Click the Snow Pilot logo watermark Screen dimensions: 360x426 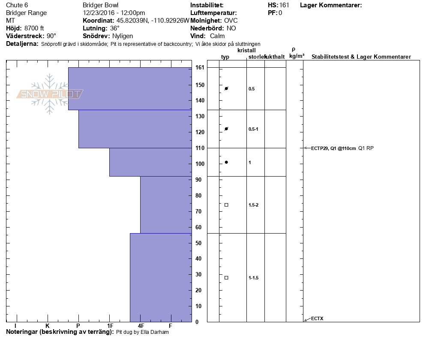tap(50, 94)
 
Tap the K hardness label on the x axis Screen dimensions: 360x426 tap(48, 326)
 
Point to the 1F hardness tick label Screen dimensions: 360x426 tap(110, 326)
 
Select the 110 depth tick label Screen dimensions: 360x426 tap(200, 148)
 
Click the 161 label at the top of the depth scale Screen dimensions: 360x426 tap(200, 67)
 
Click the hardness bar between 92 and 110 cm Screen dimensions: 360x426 tap(150, 162)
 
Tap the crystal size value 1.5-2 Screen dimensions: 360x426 tap(253, 205)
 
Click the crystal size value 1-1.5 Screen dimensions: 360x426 tap(253, 278)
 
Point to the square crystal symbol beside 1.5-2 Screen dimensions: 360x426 tap(226, 205)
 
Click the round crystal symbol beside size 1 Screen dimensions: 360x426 tap(226, 162)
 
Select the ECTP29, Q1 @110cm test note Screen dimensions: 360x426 tap(333, 148)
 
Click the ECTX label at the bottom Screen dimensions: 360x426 tap(317, 318)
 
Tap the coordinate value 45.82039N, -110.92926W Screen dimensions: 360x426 tap(153, 21)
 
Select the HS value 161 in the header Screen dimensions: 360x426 tap(284, 5)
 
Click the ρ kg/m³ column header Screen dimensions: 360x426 tap(297, 53)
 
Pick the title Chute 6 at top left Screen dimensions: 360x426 tap(17, 5)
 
